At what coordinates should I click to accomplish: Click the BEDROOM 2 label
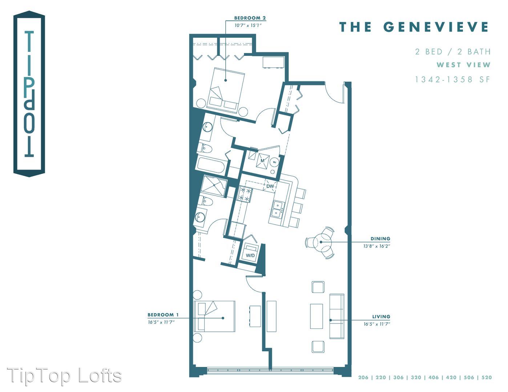pos(250,18)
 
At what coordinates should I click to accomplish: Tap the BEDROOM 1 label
pos(163,315)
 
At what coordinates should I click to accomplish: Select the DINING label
pos(380,238)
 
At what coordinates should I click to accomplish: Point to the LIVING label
pos(381,317)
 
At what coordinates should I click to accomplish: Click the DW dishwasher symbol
pos(270,186)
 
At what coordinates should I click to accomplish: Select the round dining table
pos(321,242)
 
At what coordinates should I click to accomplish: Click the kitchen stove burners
pos(245,194)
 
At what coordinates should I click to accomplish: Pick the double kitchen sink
pos(278,209)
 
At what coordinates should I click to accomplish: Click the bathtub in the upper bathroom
pos(211,165)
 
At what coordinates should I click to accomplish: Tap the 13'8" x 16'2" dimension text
pos(376,246)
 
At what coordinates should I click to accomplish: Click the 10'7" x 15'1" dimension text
pos(248,25)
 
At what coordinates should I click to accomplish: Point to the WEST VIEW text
pos(464,65)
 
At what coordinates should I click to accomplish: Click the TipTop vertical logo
pos(29,94)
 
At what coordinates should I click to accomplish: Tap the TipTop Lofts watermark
pos(64,376)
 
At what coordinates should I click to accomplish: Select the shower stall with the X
pos(214,186)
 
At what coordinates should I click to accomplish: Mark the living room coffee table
pos(317,317)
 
